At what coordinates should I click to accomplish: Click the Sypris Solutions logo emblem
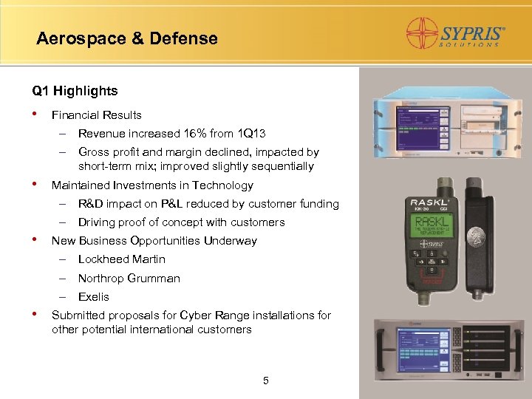[x=423, y=33]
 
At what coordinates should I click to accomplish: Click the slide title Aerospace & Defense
[x=127, y=38]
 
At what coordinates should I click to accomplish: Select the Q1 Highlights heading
[x=75, y=91]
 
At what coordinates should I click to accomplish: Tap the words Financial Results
[x=96, y=115]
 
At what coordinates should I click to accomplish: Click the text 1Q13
[x=250, y=134]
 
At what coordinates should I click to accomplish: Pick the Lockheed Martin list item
[x=121, y=259]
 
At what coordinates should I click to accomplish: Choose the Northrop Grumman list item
[x=129, y=279]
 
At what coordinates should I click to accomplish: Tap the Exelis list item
[x=93, y=297]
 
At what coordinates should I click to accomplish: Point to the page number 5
[x=266, y=381]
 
